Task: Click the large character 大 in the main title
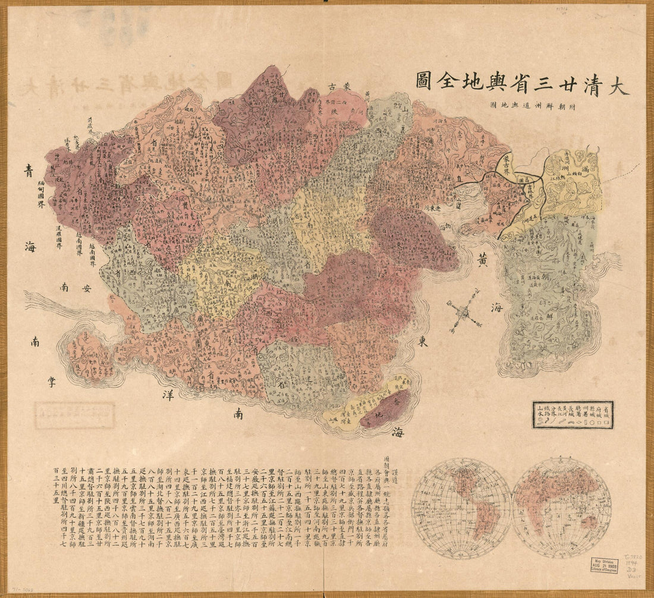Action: pos(616,85)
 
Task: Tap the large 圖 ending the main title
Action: pos(422,80)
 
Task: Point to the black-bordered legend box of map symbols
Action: pos(573,414)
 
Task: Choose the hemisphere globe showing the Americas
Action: pos(461,507)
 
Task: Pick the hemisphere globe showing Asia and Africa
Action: pos(562,507)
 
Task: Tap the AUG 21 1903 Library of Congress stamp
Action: pos(605,565)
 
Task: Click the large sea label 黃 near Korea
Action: pos(483,262)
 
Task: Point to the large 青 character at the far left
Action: pos(29,170)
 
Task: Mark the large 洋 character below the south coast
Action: pos(168,394)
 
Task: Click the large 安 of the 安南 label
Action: pos(87,289)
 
